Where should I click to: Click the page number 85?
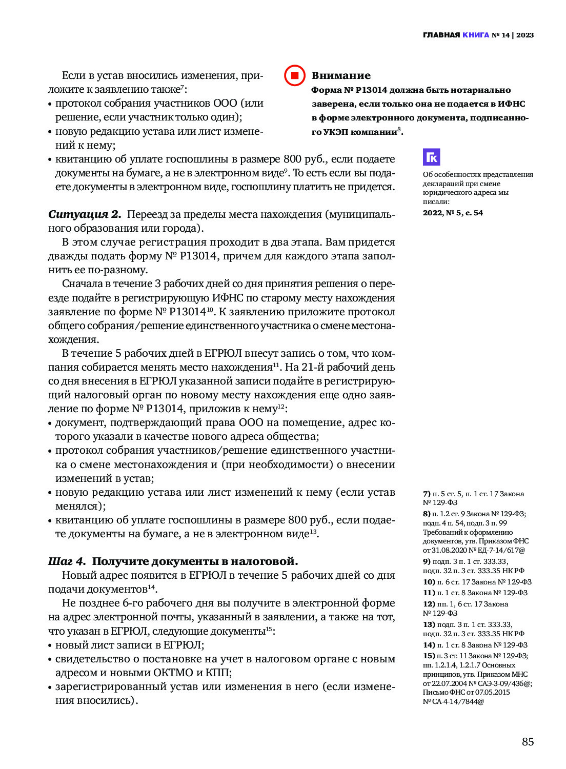pyautogui.click(x=528, y=742)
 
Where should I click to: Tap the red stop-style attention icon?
pyautogui.click(x=295, y=75)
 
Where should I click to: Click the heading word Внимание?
pyautogui.click(x=341, y=75)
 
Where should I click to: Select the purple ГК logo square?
pyautogui.click(x=431, y=157)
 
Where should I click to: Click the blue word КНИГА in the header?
pyautogui.click(x=475, y=35)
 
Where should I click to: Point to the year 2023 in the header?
pyautogui.click(x=525, y=35)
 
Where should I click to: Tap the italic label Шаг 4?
pyautogui.click(x=67, y=561)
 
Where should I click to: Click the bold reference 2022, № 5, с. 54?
pyautogui.click(x=453, y=213)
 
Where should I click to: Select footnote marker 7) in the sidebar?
pyautogui.click(x=427, y=494)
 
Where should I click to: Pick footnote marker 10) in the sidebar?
pyautogui.click(x=429, y=582)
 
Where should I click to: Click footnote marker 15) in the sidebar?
pyautogui.click(x=429, y=656)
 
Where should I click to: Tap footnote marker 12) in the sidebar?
pyautogui.click(x=429, y=604)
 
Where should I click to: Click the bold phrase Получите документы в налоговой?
pyautogui.click(x=195, y=561)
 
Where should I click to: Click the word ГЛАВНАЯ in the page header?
pyautogui.click(x=441, y=35)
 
